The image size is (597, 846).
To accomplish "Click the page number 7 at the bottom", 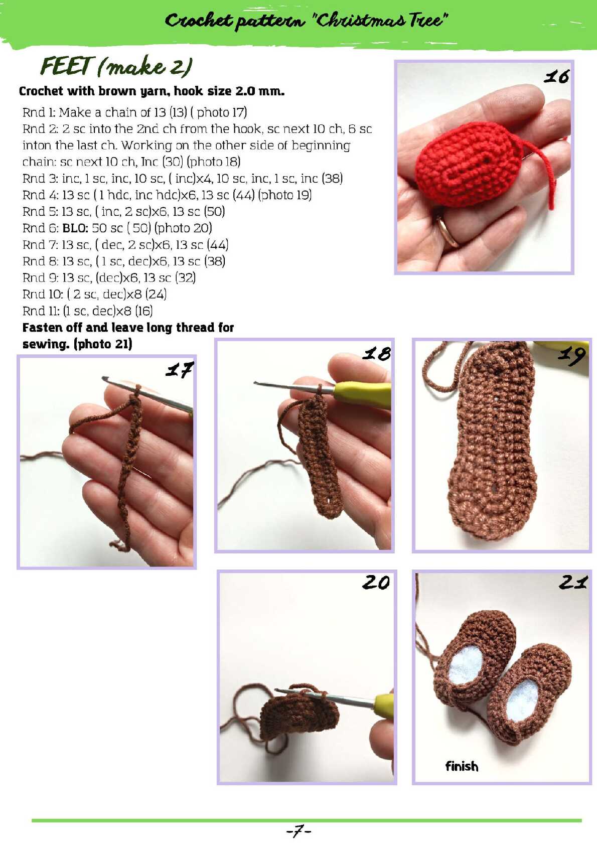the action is tap(298, 831).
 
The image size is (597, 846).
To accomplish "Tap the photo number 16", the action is tap(556, 77).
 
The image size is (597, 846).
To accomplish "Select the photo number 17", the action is tap(180, 369).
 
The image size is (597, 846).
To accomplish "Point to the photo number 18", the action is tap(377, 354).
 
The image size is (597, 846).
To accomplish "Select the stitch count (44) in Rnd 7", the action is tap(218, 245).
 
